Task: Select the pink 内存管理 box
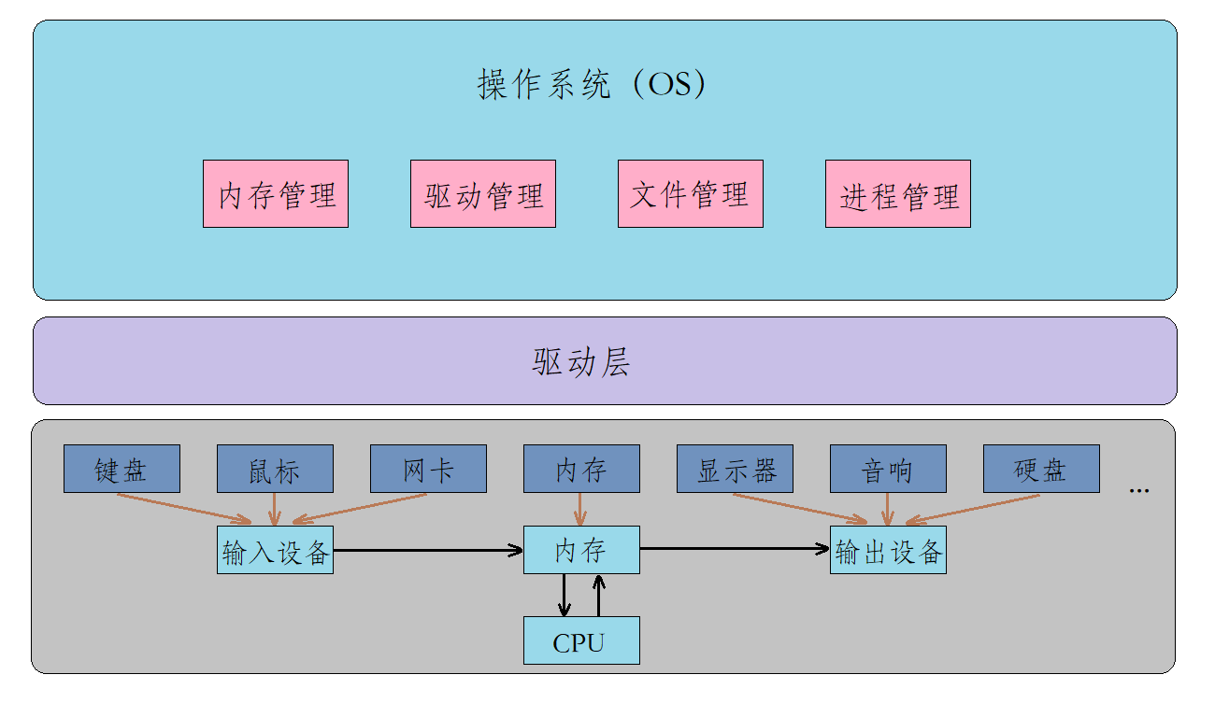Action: coord(276,194)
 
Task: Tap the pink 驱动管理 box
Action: coord(483,194)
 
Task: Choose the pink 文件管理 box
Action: coord(691,194)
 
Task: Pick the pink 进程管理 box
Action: coord(898,194)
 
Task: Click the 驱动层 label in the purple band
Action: coord(581,361)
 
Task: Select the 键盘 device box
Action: coord(121,469)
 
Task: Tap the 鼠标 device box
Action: coord(275,469)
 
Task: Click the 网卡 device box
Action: coord(428,469)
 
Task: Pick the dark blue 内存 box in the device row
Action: coord(581,469)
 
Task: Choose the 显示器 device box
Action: coord(735,469)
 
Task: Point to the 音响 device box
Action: coord(888,469)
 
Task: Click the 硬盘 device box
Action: coord(1041,469)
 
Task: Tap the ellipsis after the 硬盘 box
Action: coord(1138,490)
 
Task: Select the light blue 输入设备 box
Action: coord(275,551)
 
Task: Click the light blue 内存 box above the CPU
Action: coord(581,550)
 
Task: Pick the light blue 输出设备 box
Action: coord(888,551)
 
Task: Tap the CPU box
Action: coord(581,641)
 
